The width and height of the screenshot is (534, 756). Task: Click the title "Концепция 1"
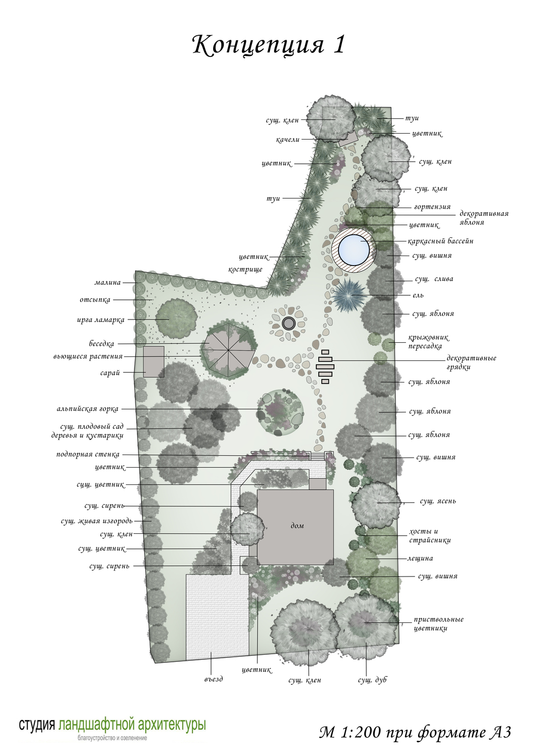(x=269, y=45)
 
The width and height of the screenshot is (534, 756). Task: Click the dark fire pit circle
(x=289, y=324)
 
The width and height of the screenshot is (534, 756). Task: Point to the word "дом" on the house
(x=297, y=526)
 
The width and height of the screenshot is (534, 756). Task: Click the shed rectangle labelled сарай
(x=154, y=361)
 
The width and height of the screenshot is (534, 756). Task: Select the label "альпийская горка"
(x=88, y=409)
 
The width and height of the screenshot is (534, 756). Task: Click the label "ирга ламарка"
(x=101, y=320)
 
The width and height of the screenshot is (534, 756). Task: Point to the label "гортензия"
(x=432, y=207)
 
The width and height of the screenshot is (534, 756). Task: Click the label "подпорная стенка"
(x=88, y=455)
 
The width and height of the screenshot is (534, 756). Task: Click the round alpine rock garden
(x=280, y=412)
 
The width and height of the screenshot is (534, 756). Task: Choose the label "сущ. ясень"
(x=438, y=501)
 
